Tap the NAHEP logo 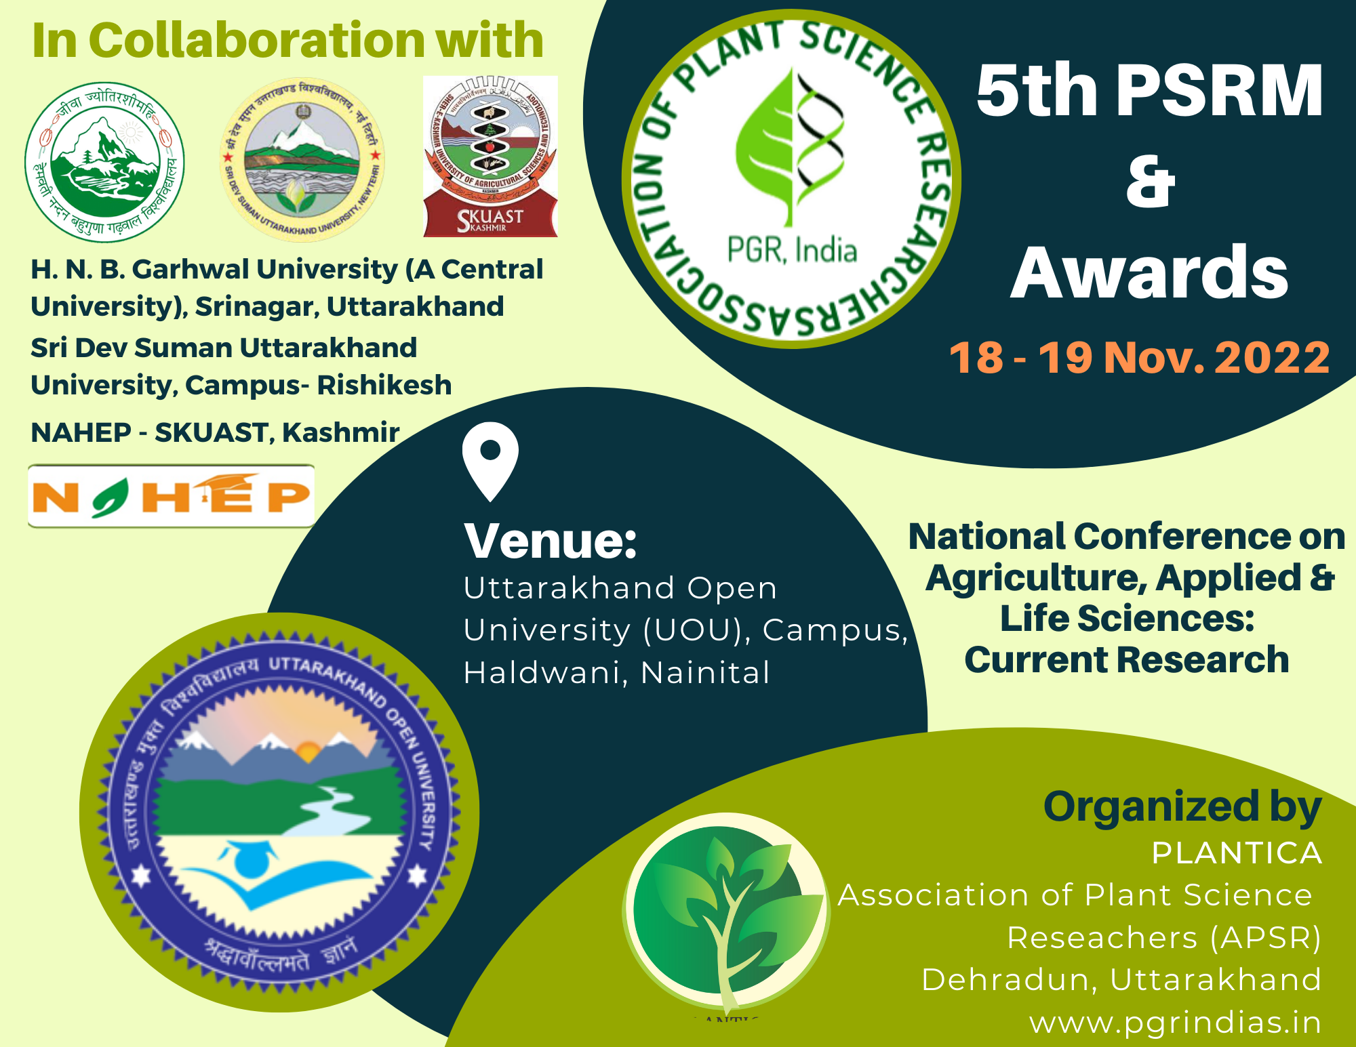pyautogui.click(x=171, y=495)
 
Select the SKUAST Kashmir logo pyautogui.click(x=490, y=157)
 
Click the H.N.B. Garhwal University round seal pyautogui.click(x=104, y=162)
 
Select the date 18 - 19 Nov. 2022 pyautogui.click(x=1139, y=357)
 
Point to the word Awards pyautogui.click(x=1150, y=272)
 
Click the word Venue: pyautogui.click(x=551, y=541)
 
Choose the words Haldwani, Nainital pyautogui.click(x=617, y=673)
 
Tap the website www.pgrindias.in pyautogui.click(x=1175, y=1022)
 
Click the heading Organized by pyautogui.click(x=1182, y=806)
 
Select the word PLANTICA pyautogui.click(x=1237, y=853)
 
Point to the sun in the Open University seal pyautogui.click(x=308, y=751)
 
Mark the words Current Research pyautogui.click(x=1127, y=659)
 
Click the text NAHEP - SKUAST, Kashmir pyautogui.click(x=215, y=432)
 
